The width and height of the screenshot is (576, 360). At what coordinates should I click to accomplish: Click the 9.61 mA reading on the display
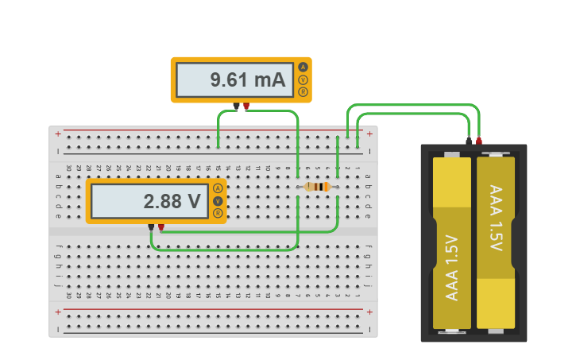[x=247, y=80]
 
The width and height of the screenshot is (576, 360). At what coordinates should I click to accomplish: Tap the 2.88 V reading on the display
[x=172, y=202]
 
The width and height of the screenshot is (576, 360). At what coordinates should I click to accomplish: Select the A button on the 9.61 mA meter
[x=303, y=68]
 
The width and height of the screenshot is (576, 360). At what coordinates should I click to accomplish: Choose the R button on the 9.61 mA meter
[x=303, y=92]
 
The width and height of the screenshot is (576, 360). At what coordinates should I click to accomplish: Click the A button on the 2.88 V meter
[x=217, y=188]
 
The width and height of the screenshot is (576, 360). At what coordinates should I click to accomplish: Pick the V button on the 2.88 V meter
[x=217, y=201]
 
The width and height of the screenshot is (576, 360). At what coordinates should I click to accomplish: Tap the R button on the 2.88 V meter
[x=217, y=213]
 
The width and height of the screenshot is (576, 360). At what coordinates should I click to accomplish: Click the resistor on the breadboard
[x=317, y=187]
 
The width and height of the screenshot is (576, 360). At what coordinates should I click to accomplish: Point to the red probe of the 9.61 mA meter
[x=246, y=106]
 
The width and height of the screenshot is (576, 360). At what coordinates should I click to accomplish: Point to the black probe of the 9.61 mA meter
[x=236, y=106]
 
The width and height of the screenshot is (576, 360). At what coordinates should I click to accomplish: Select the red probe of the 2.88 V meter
[x=161, y=227]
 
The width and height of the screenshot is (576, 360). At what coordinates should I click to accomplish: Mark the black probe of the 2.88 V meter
[x=151, y=227]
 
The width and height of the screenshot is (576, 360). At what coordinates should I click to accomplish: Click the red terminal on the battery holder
[x=479, y=141]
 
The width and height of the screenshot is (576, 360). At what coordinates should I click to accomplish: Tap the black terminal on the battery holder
[x=469, y=141]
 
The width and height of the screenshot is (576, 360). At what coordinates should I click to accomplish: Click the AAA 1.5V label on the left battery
[x=451, y=268]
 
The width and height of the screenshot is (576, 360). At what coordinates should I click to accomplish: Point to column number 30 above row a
[x=69, y=168]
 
